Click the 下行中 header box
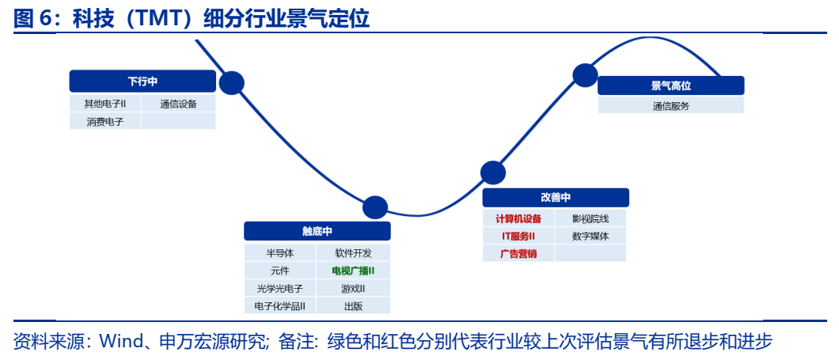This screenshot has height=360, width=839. click(x=142, y=81)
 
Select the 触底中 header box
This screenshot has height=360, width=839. click(x=317, y=231)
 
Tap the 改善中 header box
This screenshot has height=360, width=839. click(x=555, y=198)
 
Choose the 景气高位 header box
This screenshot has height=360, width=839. click(x=670, y=85)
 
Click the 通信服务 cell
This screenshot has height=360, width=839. click(x=670, y=105)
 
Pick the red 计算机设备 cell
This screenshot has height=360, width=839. click(x=518, y=218)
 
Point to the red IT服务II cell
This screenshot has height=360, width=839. click(x=518, y=236)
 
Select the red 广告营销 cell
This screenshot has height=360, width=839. click(x=518, y=253)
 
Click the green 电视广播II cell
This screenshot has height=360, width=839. click(x=353, y=271)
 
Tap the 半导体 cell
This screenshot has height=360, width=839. click(x=280, y=253)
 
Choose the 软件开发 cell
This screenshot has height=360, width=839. click(x=353, y=253)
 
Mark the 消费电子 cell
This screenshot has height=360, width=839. click(x=105, y=121)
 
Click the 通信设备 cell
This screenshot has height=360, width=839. click(x=178, y=104)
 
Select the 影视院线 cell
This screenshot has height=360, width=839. click(x=590, y=218)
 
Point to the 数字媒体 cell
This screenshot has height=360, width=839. click(x=590, y=236)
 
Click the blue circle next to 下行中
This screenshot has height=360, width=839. click(x=232, y=82)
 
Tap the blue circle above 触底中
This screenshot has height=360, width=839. click(x=375, y=207)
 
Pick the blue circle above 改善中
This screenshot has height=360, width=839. click(x=492, y=172)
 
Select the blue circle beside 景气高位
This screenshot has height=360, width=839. click(x=585, y=75)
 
